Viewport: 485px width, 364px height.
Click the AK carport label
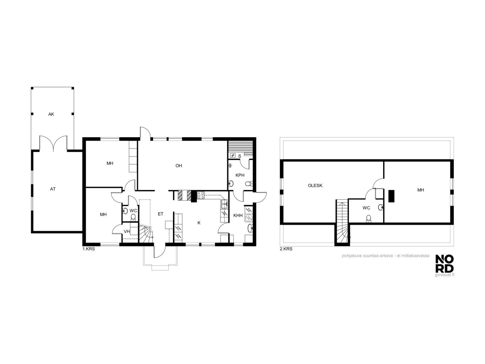pyautogui.click(x=51, y=114)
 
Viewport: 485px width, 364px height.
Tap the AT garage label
pyautogui.click(x=53, y=189)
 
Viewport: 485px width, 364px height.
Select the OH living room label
pyautogui.click(x=179, y=165)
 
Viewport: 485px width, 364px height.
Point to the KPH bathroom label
pyautogui.click(x=240, y=175)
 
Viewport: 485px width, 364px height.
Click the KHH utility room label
pyautogui.click(x=238, y=216)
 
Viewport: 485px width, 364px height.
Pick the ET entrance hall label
pyautogui.click(x=160, y=214)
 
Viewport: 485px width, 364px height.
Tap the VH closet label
pyautogui.click(x=127, y=232)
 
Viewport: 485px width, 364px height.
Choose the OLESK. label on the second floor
pyautogui.click(x=316, y=186)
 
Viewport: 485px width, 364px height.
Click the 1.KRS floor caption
pyautogui.click(x=89, y=249)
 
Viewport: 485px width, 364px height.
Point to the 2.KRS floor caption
pyautogui.click(x=286, y=249)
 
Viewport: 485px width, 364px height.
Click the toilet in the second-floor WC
pyautogui.click(x=368, y=218)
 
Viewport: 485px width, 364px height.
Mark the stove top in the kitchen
pyautogui.click(x=201, y=195)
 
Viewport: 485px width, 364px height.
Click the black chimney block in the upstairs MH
pyautogui.click(x=391, y=196)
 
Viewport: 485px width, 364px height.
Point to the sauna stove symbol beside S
pyautogui.click(x=233, y=156)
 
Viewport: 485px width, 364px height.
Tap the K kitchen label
pyautogui.click(x=199, y=223)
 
